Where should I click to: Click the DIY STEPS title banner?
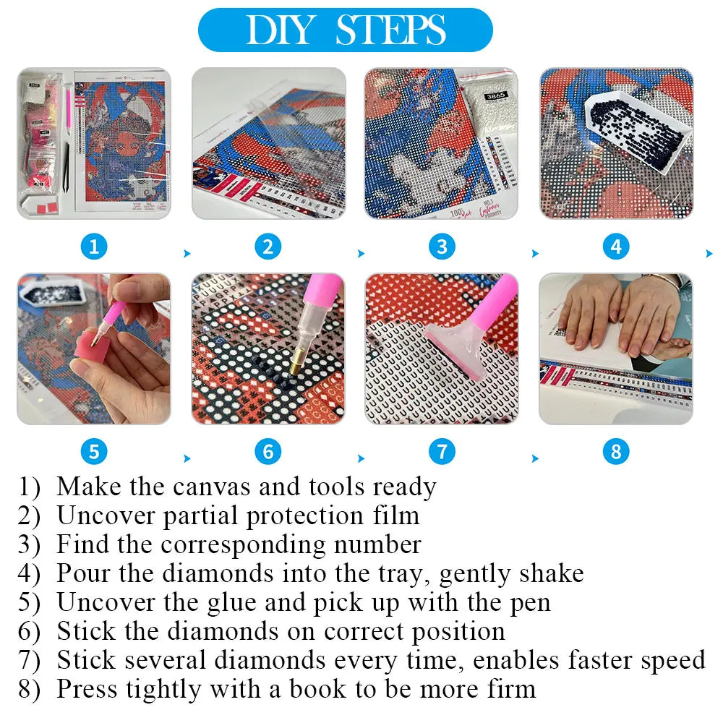345,30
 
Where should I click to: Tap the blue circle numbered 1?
94,247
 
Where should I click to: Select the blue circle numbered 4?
616,247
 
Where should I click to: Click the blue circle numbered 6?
268,453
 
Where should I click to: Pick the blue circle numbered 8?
616,453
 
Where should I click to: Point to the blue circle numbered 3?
442,247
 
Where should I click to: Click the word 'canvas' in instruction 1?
213,487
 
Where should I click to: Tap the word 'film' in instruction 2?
396,515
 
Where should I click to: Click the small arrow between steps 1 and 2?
188,254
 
